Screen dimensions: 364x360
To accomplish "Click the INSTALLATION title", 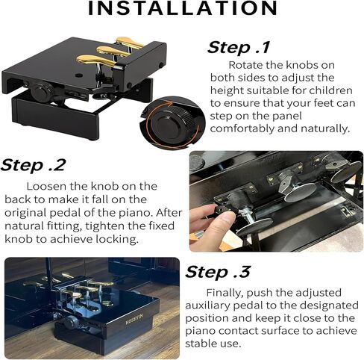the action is [x=183, y=8].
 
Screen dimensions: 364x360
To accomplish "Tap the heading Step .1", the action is [x=239, y=47].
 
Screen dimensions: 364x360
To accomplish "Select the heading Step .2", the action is [x=33, y=165].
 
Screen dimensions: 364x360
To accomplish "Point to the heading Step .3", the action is [x=218, y=272].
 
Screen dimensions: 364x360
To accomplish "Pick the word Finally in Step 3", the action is [x=225, y=293].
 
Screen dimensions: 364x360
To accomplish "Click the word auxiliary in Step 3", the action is [x=207, y=305].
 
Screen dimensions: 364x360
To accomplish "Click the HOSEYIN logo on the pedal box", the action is [x=134, y=319].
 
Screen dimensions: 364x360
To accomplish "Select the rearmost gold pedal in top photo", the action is [x=129, y=42].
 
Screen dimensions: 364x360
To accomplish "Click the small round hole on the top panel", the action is [x=79, y=75].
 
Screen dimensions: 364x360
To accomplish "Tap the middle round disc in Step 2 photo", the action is [x=300, y=192].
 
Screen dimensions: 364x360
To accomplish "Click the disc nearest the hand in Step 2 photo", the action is [x=254, y=227].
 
